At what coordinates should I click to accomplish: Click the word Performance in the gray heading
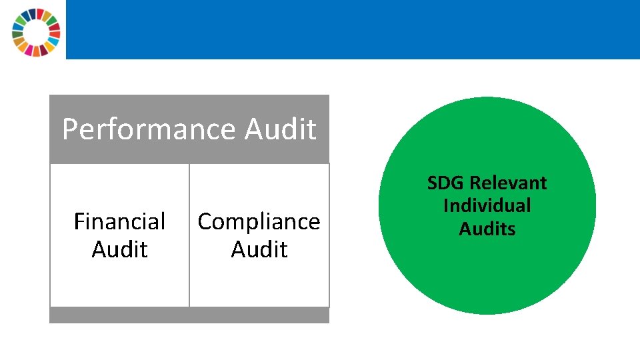pos(149,129)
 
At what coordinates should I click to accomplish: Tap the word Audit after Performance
pos(280,129)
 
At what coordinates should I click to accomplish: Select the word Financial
pos(119,221)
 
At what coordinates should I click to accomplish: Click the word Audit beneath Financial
pos(119,249)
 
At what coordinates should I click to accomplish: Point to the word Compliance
pos(259,221)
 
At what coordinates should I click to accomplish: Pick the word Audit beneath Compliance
pos(259,249)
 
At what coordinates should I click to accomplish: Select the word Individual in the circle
pos(487,205)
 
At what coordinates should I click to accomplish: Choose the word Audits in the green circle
pos(487,229)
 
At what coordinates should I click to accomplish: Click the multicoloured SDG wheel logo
pos(36,31)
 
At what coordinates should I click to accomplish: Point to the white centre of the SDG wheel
pos(36,32)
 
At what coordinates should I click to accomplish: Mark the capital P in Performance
pos(69,129)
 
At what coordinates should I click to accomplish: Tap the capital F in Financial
pos(79,221)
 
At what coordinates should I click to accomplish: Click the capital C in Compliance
pos(205,221)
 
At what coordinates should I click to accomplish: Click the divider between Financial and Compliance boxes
pos(189,235)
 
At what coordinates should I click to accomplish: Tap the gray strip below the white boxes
pos(189,315)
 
